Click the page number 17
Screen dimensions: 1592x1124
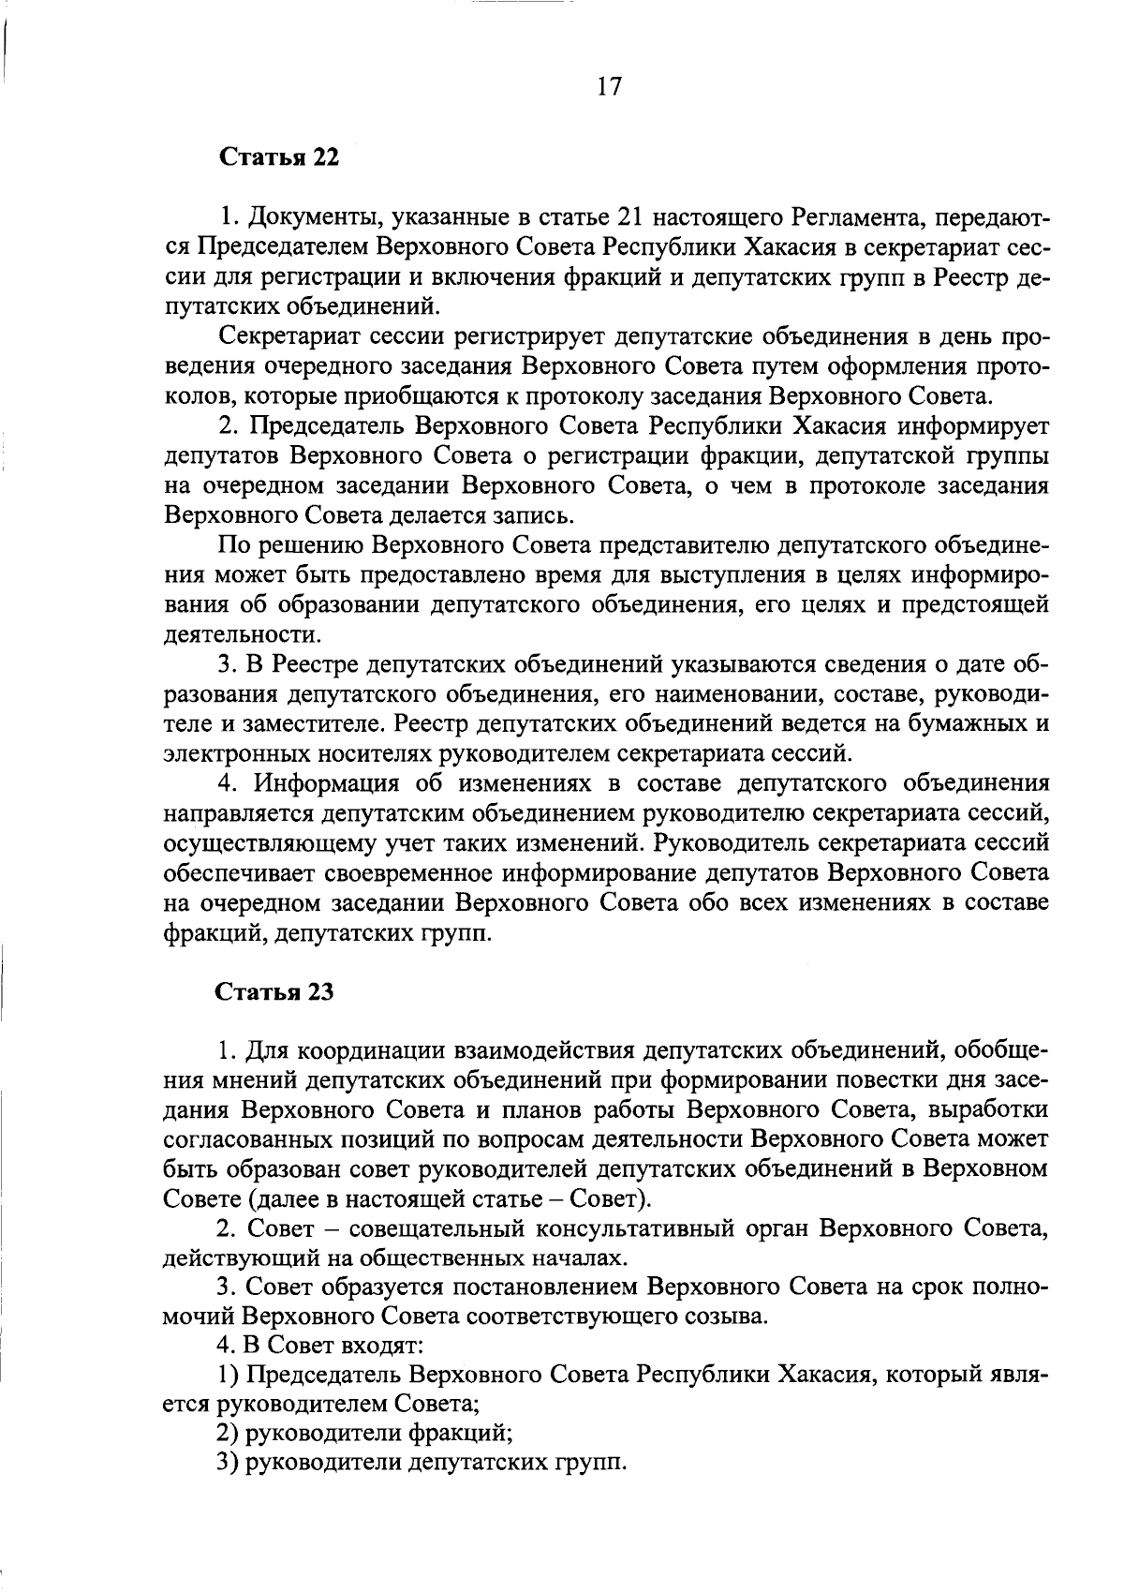(608, 87)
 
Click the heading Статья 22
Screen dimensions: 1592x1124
(278, 156)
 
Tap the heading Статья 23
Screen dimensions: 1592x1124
(275, 992)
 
